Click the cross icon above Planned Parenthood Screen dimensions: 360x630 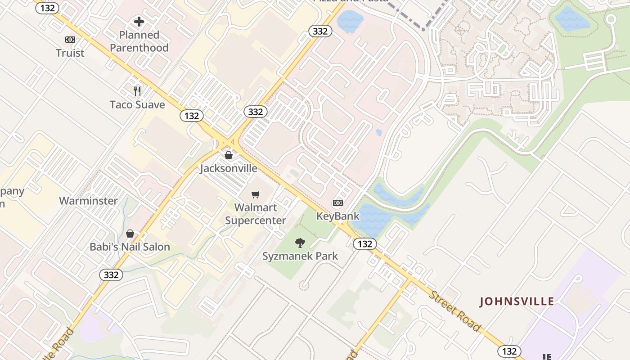139,21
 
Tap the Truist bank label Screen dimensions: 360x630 70,53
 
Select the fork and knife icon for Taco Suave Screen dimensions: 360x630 138,91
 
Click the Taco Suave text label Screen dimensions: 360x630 137,105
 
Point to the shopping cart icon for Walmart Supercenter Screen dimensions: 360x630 256,194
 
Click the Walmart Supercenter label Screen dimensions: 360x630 256,214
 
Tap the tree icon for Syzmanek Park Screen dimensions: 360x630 300,243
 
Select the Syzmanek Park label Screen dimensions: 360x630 300,256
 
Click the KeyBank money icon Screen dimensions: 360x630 338,203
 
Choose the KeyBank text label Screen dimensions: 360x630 338,216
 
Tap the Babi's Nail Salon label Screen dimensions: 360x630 130,247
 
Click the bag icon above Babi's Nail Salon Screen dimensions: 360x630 130,234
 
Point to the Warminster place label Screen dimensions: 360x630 88,201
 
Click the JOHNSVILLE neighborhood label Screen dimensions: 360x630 517,301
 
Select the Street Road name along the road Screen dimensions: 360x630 454,311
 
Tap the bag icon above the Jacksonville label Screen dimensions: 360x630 229,155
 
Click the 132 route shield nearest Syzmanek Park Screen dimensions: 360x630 364,244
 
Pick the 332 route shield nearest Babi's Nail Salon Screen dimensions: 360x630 111,275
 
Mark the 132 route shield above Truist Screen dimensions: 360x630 47,8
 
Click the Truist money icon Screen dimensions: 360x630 70,40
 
